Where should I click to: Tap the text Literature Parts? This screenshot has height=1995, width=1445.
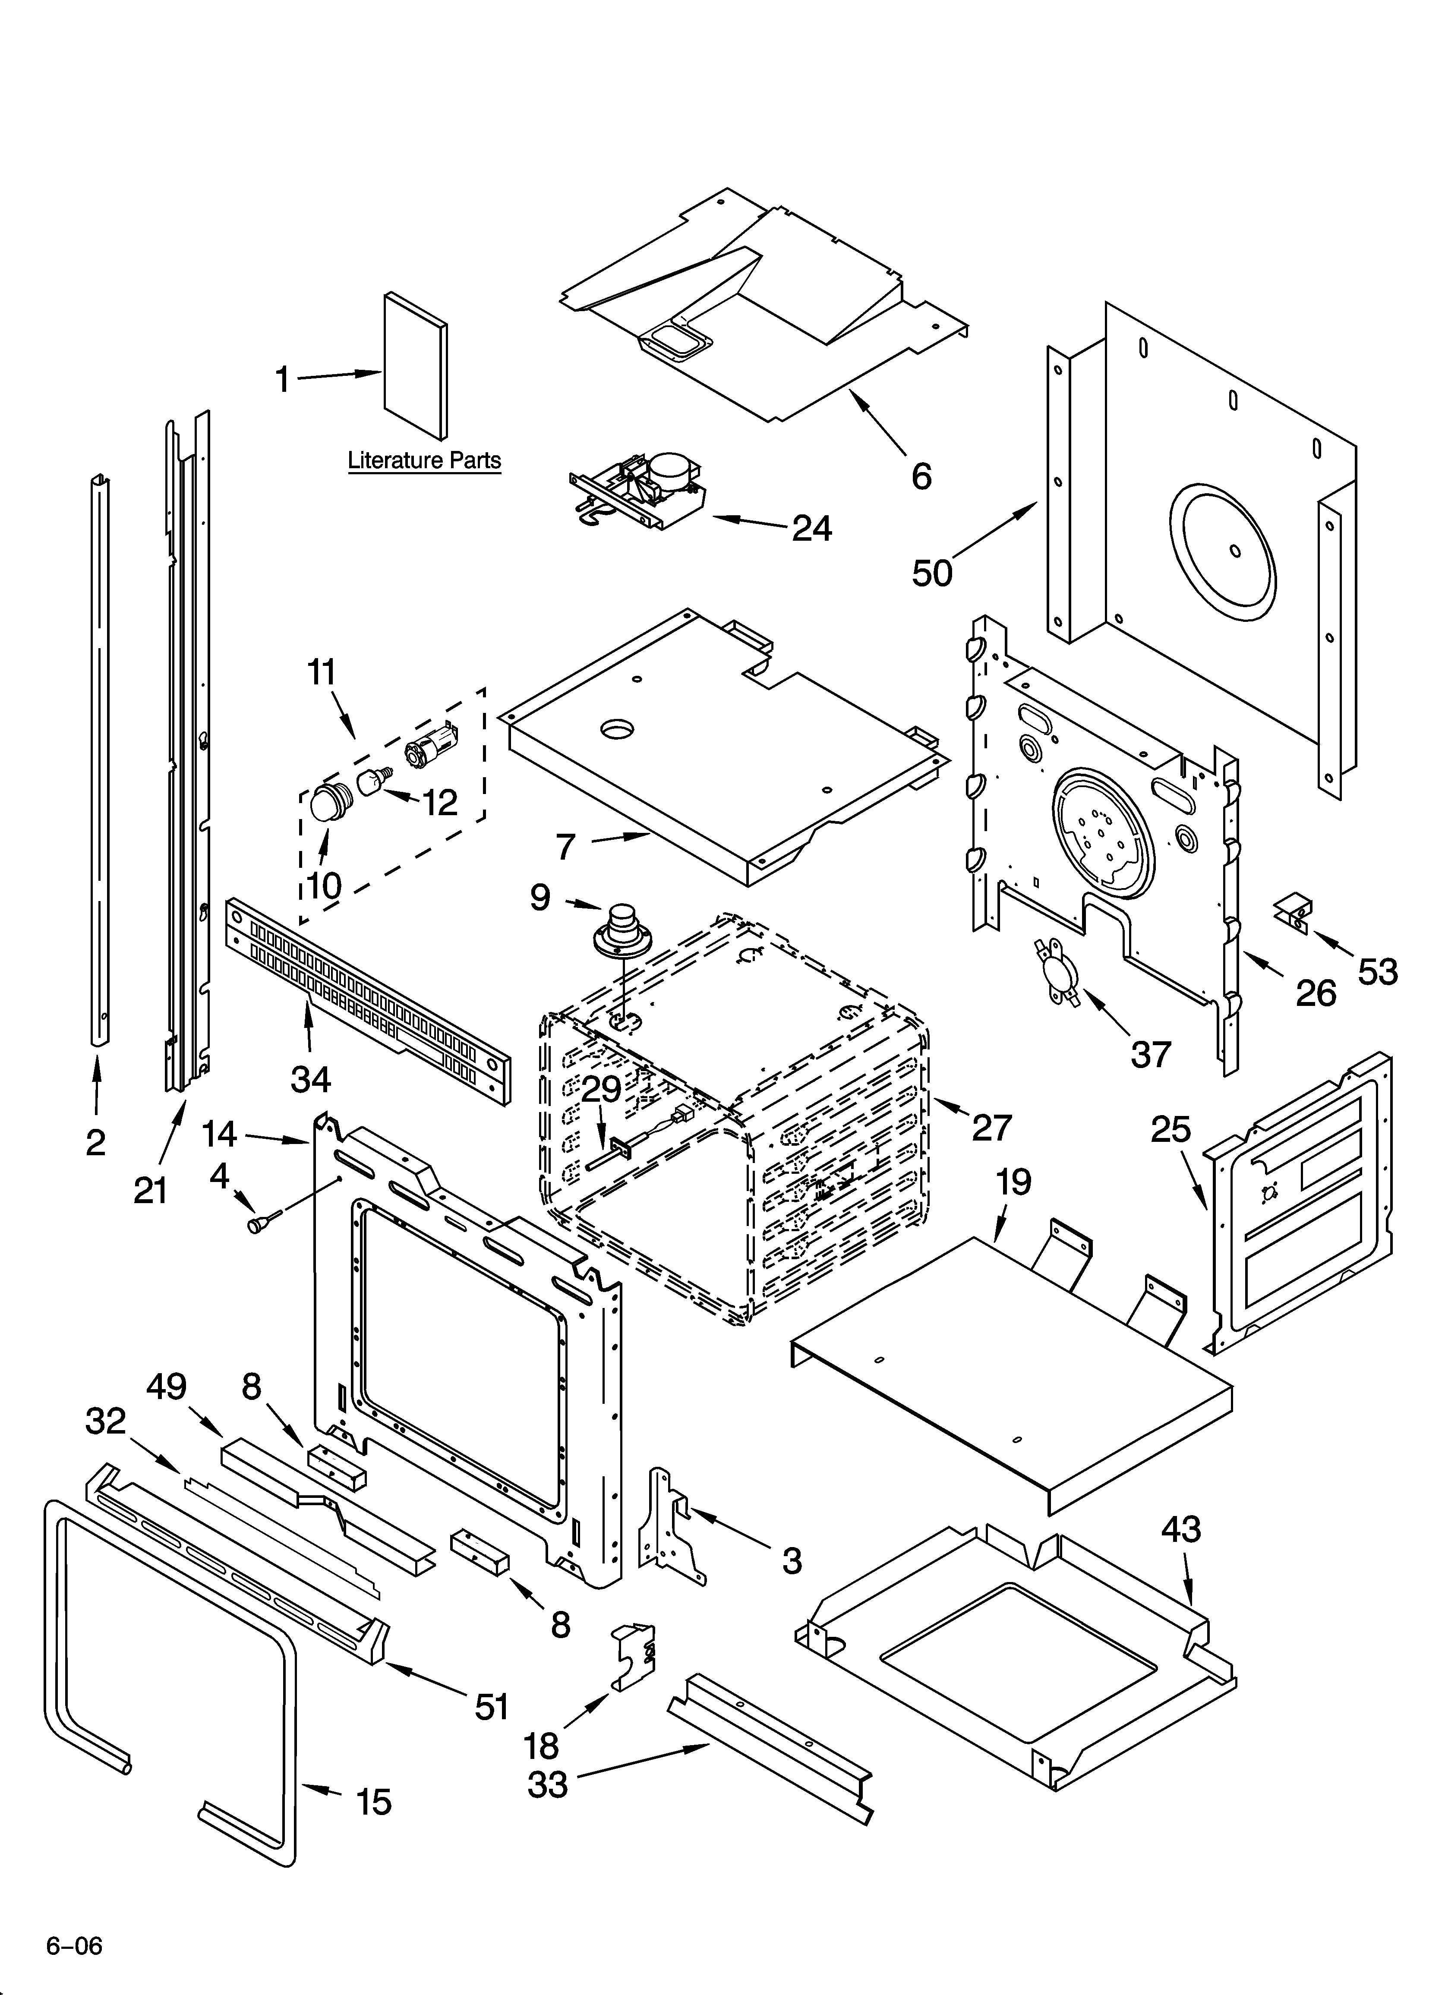tap(424, 460)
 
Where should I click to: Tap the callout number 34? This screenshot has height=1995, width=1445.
tap(311, 1078)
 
